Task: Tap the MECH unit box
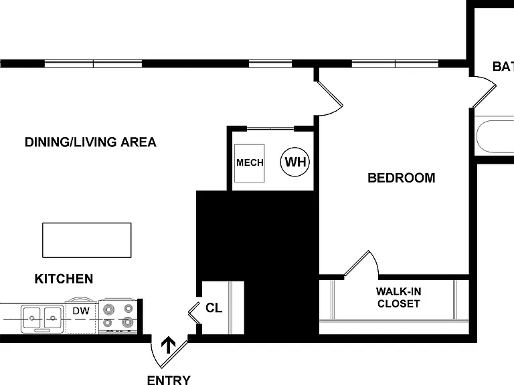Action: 250,163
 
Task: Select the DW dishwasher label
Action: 81,311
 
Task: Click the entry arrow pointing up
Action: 169,345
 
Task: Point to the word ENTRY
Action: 169,380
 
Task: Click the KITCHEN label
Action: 64,279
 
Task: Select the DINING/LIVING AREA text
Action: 90,142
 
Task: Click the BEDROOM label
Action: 402,178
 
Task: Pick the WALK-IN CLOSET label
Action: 399,297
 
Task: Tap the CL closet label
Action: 213,307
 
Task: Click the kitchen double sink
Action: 42,318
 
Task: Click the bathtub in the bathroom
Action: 495,136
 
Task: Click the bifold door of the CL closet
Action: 193,313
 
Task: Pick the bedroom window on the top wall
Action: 395,63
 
